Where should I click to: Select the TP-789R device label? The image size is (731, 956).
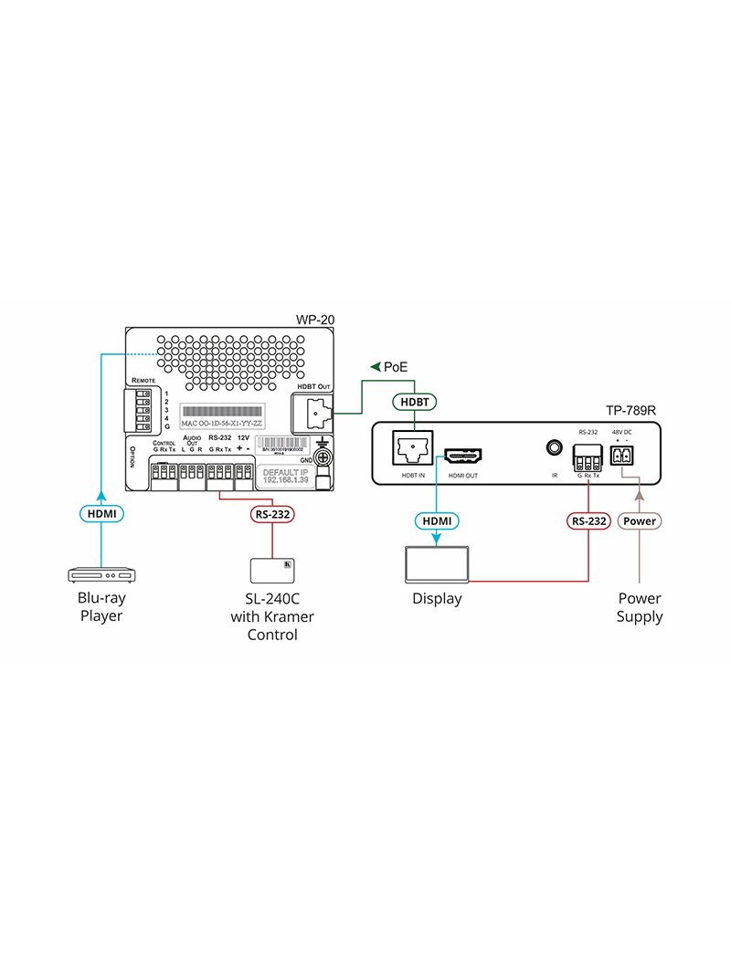631,411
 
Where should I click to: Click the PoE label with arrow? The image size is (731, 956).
388,367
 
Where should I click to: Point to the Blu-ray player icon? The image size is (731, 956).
101,574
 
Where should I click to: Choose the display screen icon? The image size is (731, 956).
437,565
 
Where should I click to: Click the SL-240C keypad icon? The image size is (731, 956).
272,569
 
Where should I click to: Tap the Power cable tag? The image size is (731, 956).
639,521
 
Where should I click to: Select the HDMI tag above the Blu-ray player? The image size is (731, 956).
101,515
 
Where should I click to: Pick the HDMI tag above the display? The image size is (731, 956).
437,521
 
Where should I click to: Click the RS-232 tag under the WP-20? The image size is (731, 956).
272,514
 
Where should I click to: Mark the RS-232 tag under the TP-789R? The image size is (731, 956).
588,521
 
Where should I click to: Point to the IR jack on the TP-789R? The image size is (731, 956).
553,448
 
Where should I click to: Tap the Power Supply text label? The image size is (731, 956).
639,608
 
